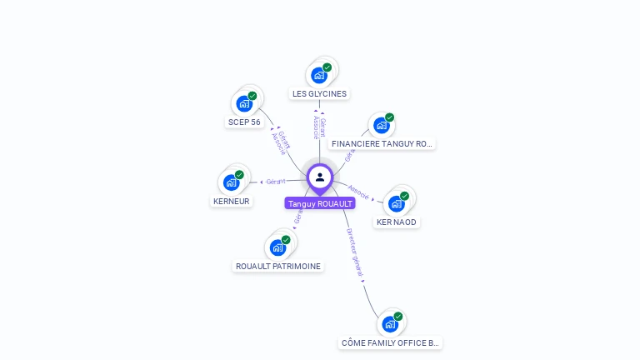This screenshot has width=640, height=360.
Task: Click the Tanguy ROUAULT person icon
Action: pyautogui.click(x=320, y=177)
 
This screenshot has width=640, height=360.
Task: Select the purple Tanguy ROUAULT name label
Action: pyautogui.click(x=320, y=203)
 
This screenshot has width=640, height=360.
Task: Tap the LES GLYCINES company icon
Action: pyautogui.click(x=318, y=75)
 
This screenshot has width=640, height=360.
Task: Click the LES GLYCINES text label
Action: pyautogui.click(x=319, y=94)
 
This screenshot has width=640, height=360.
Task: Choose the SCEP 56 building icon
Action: pyautogui.click(x=243, y=103)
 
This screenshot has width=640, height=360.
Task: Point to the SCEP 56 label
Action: pyautogui.click(x=244, y=122)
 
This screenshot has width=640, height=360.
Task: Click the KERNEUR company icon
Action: pyautogui.click(x=231, y=182)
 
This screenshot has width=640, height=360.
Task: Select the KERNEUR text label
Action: pyautogui.click(x=232, y=202)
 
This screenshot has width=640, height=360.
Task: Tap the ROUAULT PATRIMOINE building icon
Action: pyautogui.click(x=277, y=247)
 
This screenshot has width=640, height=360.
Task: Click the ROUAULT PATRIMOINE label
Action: pyautogui.click(x=278, y=267)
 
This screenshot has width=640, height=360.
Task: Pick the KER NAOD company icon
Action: pyautogui.click(x=396, y=203)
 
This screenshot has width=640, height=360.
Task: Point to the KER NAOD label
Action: pyautogui.click(x=397, y=222)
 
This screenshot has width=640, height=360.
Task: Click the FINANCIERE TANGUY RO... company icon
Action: pyautogui.click(x=381, y=126)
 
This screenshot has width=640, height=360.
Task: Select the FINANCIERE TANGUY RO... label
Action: pyautogui.click(x=382, y=144)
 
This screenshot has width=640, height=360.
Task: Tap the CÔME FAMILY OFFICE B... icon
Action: pyautogui.click(x=389, y=324)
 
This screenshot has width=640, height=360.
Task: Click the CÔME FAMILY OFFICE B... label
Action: pyautogui.click(x=391, y=343)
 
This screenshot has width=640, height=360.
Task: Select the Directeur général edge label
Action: pyautogui.click(x=355, y=253)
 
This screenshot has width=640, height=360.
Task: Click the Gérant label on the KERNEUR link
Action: pyautogui.click(x=276, y=181)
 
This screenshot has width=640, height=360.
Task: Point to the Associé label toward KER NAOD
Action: pyautogui.click(x=358, y=191)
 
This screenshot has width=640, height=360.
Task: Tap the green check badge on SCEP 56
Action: pyautogui.click(x=252, y=96)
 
